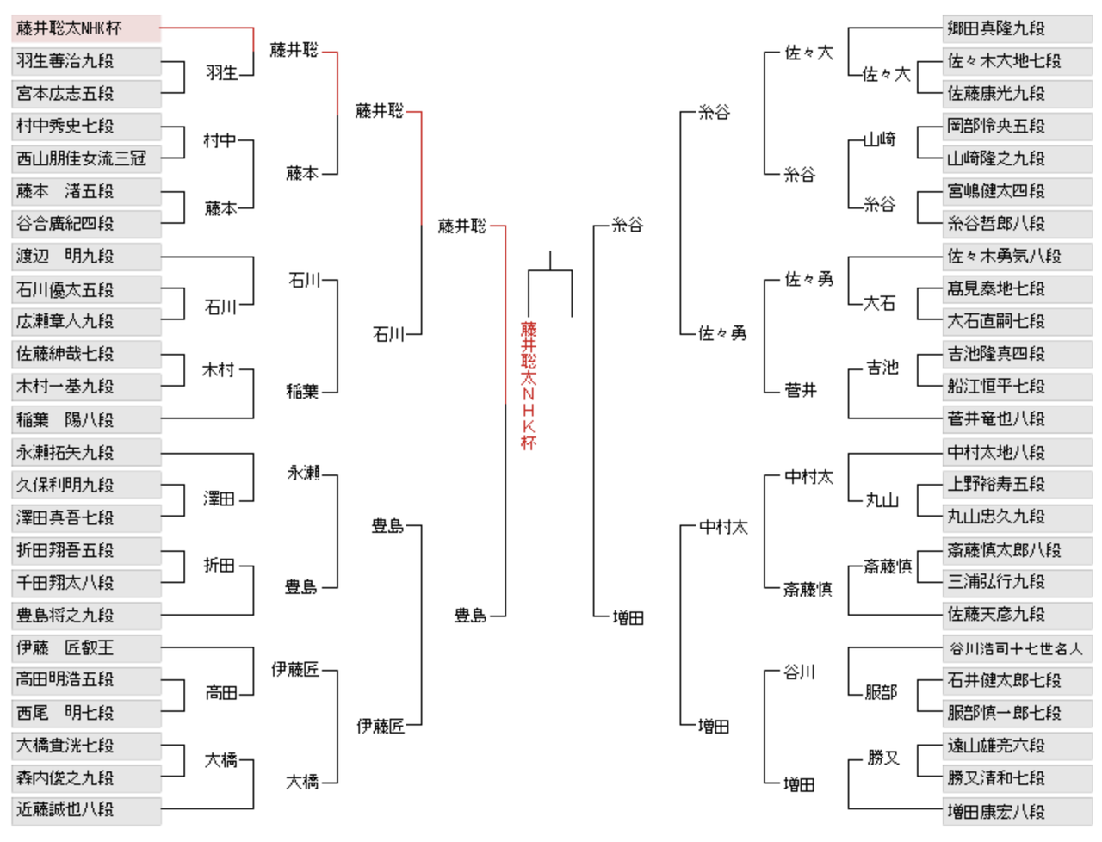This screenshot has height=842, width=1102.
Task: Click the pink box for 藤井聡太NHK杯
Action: coord(86,28)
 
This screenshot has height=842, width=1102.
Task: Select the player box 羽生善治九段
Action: coord(86,61)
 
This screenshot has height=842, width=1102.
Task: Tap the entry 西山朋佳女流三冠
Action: coord(86,158)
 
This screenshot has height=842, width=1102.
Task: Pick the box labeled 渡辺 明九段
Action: coord(86,257)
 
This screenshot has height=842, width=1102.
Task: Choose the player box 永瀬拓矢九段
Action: coord(86,452)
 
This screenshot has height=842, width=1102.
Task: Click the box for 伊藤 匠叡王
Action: coord(86,647)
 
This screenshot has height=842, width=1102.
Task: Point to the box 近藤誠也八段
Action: coord(86,810)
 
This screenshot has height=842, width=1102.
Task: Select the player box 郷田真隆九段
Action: coord(1017,28)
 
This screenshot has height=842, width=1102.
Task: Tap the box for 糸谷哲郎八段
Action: coord(1017,224)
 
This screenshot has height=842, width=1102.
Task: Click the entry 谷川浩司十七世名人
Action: coord(1017,648)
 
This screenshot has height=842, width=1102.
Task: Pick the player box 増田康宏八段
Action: coord(1017,811)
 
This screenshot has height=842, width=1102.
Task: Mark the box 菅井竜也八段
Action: coord(1017,419)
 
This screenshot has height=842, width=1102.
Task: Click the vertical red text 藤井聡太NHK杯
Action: coord(529,386)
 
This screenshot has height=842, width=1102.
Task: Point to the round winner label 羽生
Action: coord(222,73)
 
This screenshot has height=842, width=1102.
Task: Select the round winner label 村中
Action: coord(220,140)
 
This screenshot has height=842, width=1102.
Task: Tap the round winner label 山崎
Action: coord(880,139)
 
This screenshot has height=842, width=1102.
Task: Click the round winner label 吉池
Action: coord(882,368)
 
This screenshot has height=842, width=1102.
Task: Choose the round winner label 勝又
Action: coord(883,758)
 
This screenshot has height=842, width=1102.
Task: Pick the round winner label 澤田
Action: coord(220,499)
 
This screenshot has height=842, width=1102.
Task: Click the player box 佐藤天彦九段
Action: coord(1017,615)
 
